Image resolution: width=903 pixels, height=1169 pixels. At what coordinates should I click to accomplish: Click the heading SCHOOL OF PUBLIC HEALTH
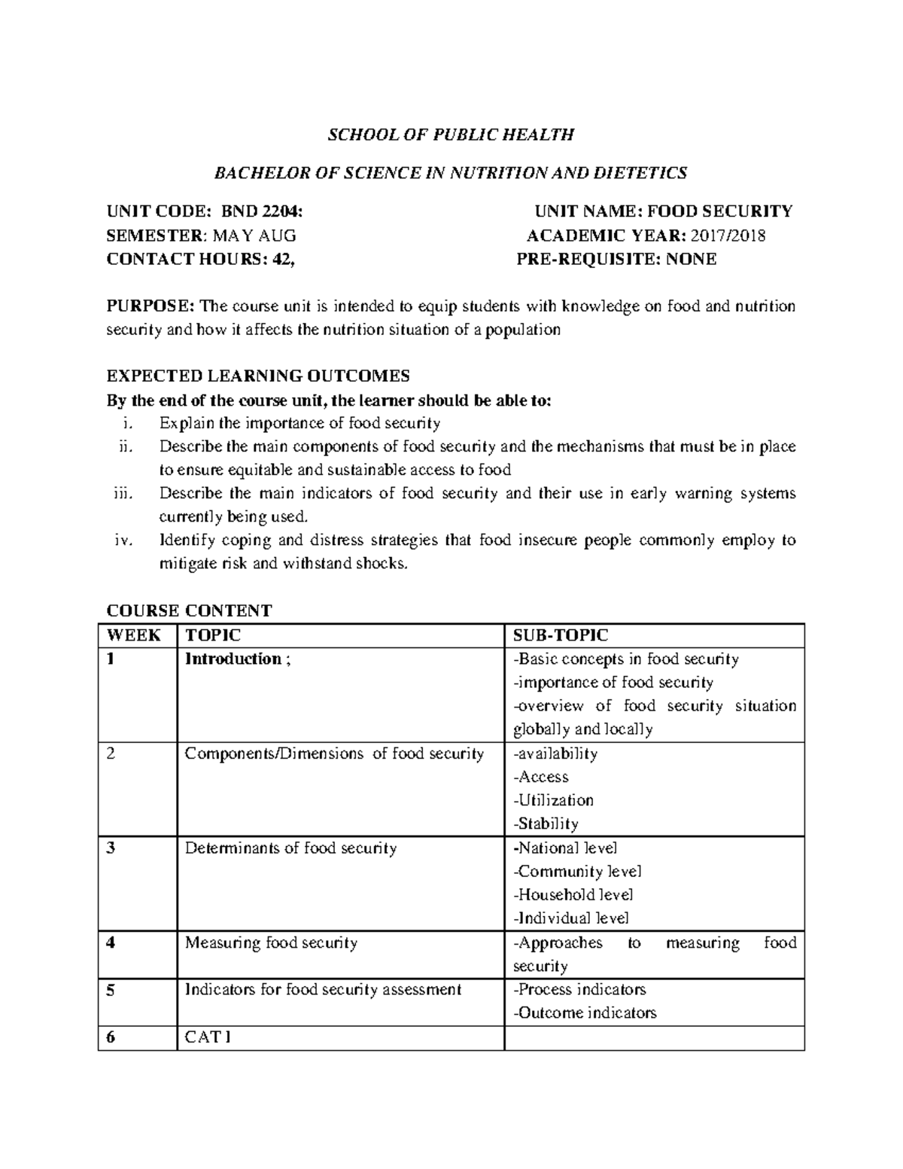450,135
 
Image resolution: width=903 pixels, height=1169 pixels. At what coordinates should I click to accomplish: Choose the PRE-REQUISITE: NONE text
616,259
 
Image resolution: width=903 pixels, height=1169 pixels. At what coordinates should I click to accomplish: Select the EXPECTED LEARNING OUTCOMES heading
258,376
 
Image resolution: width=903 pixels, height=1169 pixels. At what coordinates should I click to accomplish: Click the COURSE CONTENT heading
189,610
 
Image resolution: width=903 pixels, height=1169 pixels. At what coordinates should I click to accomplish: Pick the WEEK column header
134,635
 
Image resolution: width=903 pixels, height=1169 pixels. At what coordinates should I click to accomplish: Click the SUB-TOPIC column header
560,635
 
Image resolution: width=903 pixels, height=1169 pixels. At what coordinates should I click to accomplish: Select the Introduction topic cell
233,659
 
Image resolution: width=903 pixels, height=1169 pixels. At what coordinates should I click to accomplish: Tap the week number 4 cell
111,942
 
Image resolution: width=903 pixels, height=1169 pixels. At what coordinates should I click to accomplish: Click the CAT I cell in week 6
208,1037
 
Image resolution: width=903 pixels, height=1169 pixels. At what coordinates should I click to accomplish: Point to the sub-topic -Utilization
553,800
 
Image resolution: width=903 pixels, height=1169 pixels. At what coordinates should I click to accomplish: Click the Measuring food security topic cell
271,942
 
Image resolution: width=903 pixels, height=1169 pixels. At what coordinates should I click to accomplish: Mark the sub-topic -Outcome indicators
585,1013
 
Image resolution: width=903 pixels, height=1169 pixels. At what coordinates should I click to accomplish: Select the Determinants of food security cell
290,848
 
